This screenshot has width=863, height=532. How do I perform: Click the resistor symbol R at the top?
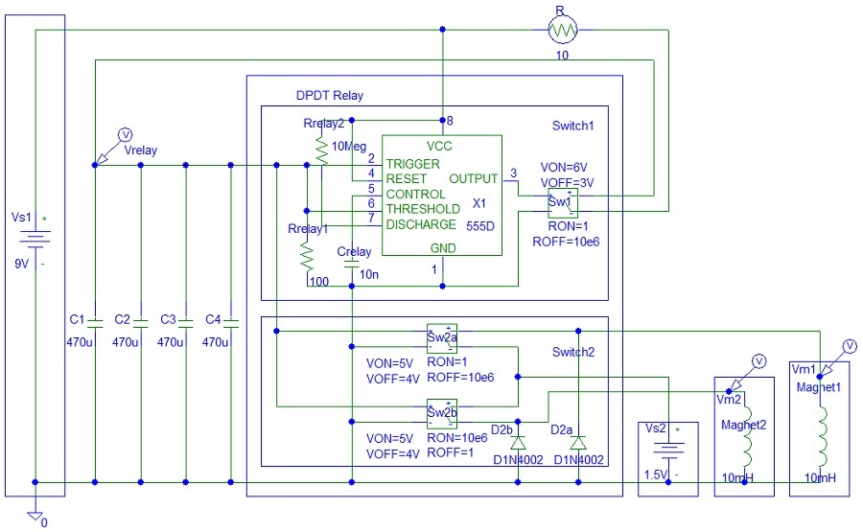pyautogui.click(x=563, y=31)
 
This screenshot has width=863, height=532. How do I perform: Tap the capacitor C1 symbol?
pyautogui.click(x=95, y=321)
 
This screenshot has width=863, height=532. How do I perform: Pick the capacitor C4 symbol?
pyautogui.click(x=231, y=321)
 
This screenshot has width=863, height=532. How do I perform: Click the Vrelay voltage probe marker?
pyautogui.click(x=122, y=134)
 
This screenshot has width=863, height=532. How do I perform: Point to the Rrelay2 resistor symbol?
pyautogui.click(x=322, y=150)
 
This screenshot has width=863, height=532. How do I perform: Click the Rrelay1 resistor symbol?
pyautogui.click(x=307, y=255)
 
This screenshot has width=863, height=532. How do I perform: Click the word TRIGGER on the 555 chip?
pyautogui.click(x=413, y=164)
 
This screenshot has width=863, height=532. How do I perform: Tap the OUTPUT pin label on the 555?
pyautogui.click(x=473, y=178)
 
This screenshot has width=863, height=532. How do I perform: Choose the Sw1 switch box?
pyautogui.click(x=561, y=203)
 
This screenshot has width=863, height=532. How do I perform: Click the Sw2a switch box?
pyautogui.click(x=442, y=334)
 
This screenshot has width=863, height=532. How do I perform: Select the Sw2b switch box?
pyautogui.click(x=442, y=413)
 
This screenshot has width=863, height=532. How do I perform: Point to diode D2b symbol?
pyautogui.click(x=518, y=444)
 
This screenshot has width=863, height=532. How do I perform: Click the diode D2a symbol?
pyautogui.click(x=577, y=444)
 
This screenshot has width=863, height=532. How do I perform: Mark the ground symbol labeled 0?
pyautogui.click(x=35, y=516)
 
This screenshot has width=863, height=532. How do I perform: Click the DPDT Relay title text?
pyautogui.click(x=329, y=95)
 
